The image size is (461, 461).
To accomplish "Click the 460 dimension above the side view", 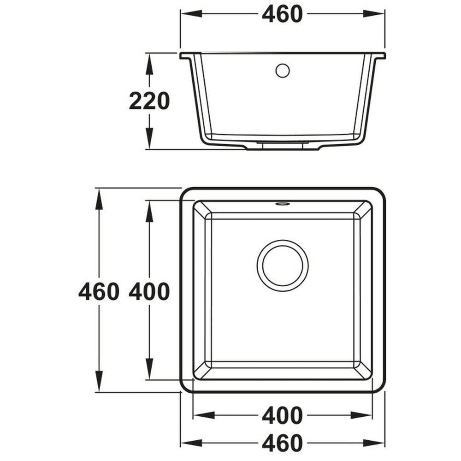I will pyautogui.click(x=282, y=14).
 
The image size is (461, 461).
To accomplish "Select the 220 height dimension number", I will pyautogui.click(x=149, y=101).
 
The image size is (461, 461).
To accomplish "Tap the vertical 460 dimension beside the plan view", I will pyautogui.click(x=99, y=291).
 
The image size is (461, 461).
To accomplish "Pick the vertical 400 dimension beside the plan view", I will pyautogui.click(x=149, y=291).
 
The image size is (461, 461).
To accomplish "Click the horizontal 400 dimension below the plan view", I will pyautogui.click(x=282, y=415).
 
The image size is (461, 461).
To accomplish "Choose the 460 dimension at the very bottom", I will pyautogui.click(x=282, y=443).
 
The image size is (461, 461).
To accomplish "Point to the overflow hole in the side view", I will pyautogui.click(x=282, y=71).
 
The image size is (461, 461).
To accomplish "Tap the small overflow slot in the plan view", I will pyautogui.click(x=282, y=203).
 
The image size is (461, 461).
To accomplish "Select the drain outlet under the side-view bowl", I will pyautogui.click(x=282, y=145).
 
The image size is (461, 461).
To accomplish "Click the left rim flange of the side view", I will pyautogui.click(x=186, y=56).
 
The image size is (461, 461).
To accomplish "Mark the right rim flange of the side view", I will pyautogui.click(x=379, y=56).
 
